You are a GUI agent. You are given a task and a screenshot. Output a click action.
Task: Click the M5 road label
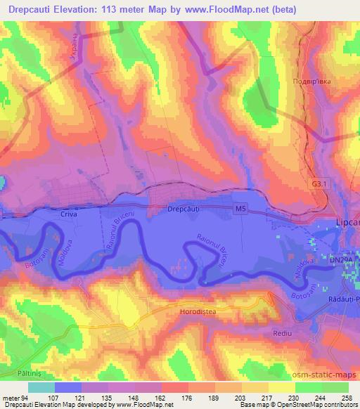241,208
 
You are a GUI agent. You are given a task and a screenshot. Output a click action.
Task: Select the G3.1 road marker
321,184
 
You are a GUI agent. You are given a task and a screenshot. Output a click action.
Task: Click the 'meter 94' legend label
14,397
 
